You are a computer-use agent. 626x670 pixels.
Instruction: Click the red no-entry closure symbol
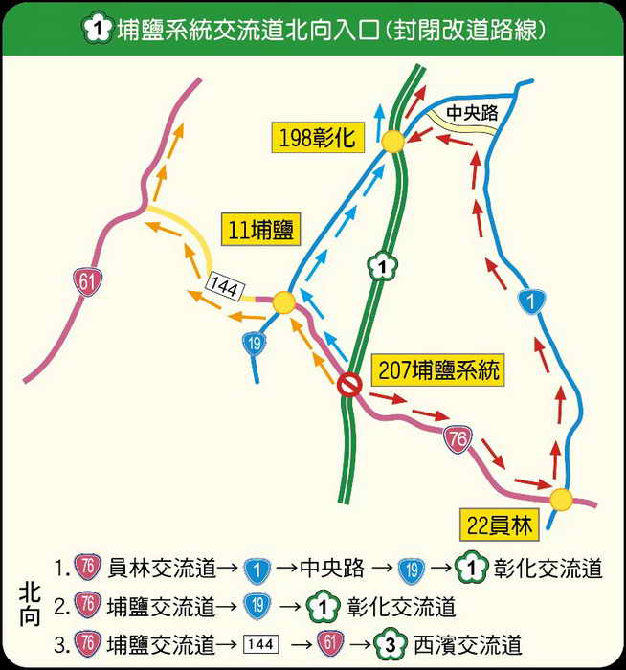click(x=349, y=385)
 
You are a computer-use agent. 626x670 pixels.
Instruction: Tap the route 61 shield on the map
click(x=87, y=280)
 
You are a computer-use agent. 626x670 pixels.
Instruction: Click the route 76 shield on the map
click(x=458, y=439)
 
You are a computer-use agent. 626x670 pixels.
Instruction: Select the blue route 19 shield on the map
click(x=253, y=343)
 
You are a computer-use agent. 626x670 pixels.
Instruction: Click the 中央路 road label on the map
click(x=472, y=113)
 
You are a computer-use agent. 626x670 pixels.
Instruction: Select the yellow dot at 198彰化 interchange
click(x=392, y=143)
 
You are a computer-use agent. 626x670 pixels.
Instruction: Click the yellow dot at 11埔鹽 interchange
click(x=283, y=303)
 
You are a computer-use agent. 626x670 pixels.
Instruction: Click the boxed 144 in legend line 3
click(x=261, y=642)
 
